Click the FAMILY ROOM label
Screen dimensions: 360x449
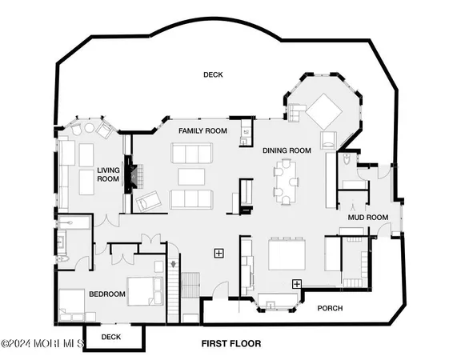[x=202, y=130]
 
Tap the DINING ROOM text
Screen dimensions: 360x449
[x=287, y=150]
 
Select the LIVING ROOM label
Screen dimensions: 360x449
[x=108, y=174]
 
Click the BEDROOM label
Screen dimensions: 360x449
[x=106, y=294]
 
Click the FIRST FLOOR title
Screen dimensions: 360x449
[x=231, y=343]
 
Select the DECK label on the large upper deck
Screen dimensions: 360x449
[x=212, y=75]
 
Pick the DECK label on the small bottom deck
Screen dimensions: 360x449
[x=111, y=337]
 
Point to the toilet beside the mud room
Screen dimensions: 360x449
[x=345, y=161]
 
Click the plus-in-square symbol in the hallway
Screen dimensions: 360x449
[x=218, y=253]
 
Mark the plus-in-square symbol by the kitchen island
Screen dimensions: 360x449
[x=296, y=283]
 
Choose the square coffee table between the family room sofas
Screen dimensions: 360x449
[x=190, y=176]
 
